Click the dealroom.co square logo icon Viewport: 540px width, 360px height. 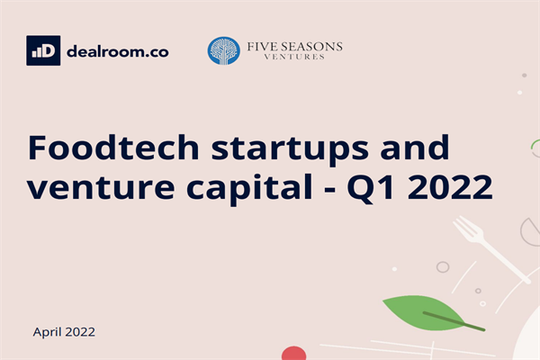click(43, 50)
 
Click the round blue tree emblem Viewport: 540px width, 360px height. click(224, 51)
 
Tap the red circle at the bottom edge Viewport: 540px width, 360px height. click(295, 354)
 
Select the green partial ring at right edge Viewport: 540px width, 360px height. click(535, 149)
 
